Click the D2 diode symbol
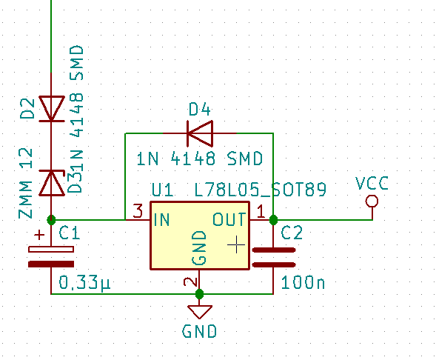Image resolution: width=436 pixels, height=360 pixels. click(51, 108)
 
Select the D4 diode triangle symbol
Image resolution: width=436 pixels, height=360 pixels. click(200, 133)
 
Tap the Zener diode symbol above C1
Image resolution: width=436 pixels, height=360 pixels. click(51, 183)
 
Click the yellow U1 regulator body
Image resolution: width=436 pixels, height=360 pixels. click(200, 236)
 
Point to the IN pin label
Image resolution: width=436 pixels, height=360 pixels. click(161, 219)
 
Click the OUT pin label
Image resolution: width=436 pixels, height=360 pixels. click(229, 219)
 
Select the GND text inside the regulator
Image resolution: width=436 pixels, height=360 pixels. click(199, 247)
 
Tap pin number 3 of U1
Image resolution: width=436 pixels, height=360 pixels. click(138, 210)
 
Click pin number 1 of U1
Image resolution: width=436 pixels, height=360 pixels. click(261, 211)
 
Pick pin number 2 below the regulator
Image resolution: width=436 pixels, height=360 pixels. click(191, 282)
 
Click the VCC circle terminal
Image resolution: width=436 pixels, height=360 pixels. click(372, 201)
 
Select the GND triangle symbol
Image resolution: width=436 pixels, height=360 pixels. click(200, 312)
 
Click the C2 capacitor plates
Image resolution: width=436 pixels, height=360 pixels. click(274, 257)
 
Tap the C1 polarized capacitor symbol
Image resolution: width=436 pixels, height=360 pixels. click(51, 256)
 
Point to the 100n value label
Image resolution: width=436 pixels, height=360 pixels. click(303, 283)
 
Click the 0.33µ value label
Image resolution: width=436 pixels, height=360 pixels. click(84, 283)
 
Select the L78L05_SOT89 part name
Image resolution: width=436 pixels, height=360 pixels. click(261, 190)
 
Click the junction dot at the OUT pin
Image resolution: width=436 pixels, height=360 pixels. click(273, 220)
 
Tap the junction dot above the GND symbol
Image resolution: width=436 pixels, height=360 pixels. click(199, 294)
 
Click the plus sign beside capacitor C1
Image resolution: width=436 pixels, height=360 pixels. click(39, 235)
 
